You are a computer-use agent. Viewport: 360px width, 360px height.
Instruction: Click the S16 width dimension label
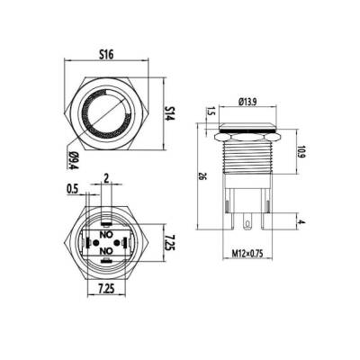[107, 54]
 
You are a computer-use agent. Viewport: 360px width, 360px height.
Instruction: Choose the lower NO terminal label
[107, 249]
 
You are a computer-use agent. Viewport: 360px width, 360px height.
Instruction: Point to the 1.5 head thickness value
[210, 112]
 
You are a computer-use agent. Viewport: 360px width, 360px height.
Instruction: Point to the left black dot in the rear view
[88, 240]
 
